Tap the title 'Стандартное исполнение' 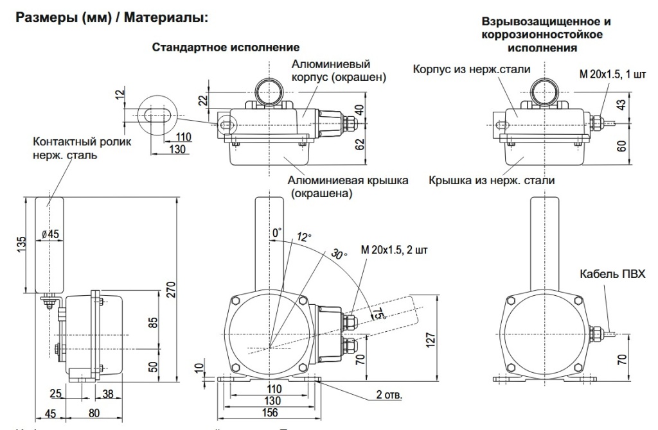point(226,48)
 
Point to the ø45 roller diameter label point(51,234)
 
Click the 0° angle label point(277,232)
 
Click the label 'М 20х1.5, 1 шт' point(613,74)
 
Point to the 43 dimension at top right point(621,103)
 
